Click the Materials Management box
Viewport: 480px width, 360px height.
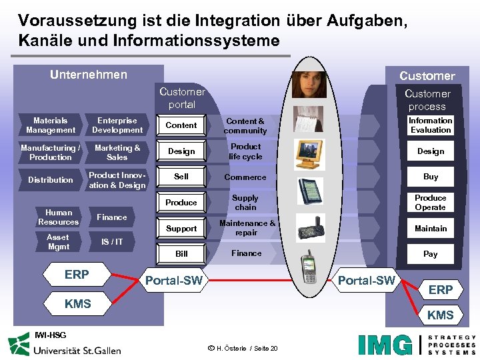coord(51,125)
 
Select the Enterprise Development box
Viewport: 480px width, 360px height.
coord(117,125)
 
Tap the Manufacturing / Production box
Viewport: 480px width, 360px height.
coord(51,153)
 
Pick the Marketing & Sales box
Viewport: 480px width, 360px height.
coord(117,153)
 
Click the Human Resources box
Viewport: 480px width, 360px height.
coord(58,217)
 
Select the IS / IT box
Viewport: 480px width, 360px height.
coord(111,241)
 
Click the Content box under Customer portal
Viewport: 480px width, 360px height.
coord(181,125)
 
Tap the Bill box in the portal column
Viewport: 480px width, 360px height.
coord(181,254)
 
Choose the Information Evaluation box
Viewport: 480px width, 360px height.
coord(430,125)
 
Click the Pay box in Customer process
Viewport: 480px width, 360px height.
coord(431,254)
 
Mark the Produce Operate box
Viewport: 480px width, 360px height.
coord(430,203)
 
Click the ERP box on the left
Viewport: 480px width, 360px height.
coord(77,274)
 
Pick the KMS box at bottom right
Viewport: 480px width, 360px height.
coord(440,315)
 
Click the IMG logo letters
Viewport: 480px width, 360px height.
coord(385,344)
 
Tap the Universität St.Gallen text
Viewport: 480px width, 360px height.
coord(77,349)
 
